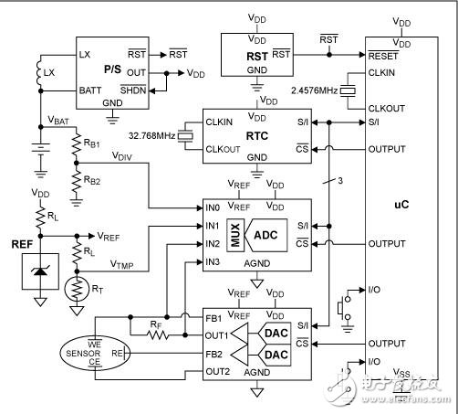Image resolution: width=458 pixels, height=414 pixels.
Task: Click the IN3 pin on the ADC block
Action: pos(212,262)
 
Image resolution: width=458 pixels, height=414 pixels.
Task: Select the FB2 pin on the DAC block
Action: pos(213,354)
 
